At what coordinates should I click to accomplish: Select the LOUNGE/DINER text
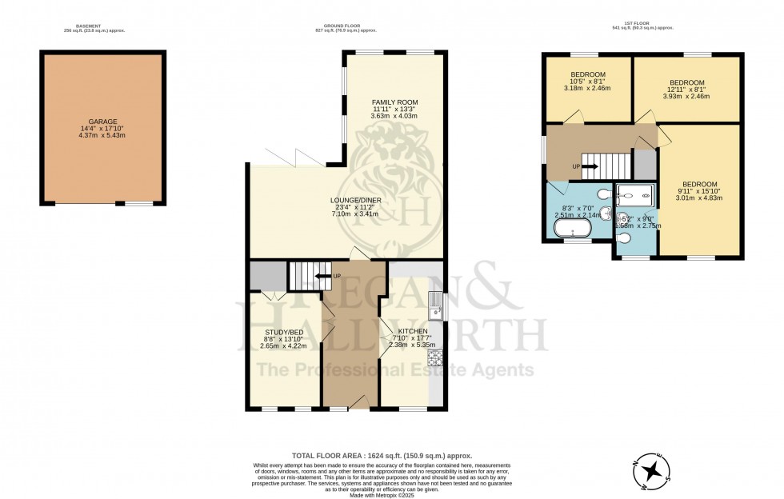pyautogui.click(x=350, y=200)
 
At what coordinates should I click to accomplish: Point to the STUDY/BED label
pyautogui.click(x=285, y=331)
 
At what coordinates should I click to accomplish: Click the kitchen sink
pyautogui.click(x=434, y=309)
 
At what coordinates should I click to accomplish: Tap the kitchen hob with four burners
pyautogui.click(x=436, y=357)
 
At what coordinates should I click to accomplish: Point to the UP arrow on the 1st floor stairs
pyautogui.click(x=588, y=166)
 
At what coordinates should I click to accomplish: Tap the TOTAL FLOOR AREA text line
pyautogui.click(x=391, y=453)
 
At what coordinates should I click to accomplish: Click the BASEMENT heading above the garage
pyautogui.click(x=88, y=26)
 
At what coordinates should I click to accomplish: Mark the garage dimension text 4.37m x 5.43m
pyautogui.click(x=104, y=135)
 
